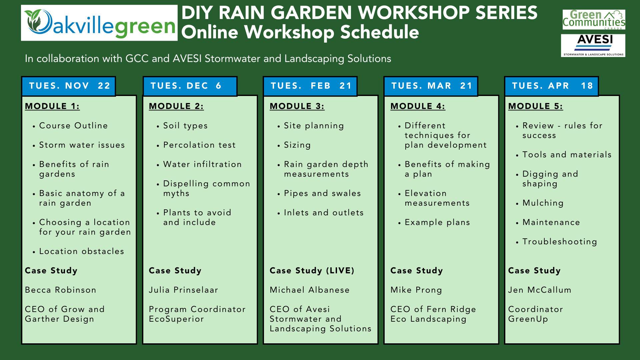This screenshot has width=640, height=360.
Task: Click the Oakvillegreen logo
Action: click(x=99, y=23)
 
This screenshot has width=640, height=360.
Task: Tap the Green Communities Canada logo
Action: click(x=594, y=19)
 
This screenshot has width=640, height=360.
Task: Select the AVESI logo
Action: click(x=593, y=45)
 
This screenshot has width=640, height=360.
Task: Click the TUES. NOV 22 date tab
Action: click(x=69, y=86)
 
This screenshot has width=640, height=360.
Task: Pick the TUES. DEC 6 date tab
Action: click(x=190, y=86)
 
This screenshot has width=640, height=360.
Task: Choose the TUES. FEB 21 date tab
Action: click(x=310, y=86)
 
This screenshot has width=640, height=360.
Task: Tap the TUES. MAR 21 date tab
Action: click(x=431, y=86)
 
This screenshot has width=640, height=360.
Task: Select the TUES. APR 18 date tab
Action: click(x=551, y=86)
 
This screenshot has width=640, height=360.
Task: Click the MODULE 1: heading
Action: click(x=52, y=106)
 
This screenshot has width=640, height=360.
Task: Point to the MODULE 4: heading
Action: click(x=418, y=106)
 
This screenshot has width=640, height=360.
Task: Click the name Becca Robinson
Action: click(x=61, y=290)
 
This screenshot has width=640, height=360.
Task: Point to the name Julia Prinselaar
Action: click(x=184, y=290)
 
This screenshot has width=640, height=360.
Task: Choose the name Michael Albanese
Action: click(x=310, y=290)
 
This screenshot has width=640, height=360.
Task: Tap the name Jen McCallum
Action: click(x=540, y=290)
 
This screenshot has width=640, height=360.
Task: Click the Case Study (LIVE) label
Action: click(x=312, y=271)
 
